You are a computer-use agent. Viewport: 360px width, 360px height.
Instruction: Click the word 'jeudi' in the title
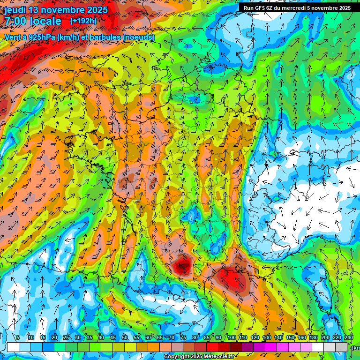pyautogui.click(x=15, y=10)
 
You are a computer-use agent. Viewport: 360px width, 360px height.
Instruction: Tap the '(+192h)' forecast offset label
pyautogui.click(x=83, y=21)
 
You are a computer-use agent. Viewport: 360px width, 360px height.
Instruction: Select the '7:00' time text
pyautogui.click(x=15, y=21)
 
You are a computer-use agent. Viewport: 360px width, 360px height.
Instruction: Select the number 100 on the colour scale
pyautogui.click(x=232, y=337)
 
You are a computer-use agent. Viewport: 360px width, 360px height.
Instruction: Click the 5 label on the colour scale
pyautogui.click(x=18, y=337)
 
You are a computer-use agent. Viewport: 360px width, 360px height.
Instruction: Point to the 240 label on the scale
pyautogui.click(x=349, y=337)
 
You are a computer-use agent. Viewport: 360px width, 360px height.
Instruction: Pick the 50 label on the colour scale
pyautogui.click(x=124, y=337)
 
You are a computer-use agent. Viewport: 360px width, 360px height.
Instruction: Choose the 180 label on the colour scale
pyautogui.click(x=313, y=337)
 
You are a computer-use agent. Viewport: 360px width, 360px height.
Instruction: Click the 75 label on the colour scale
pyautogui.click(x=183, y=337)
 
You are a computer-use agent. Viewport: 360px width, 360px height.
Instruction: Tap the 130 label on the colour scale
pyautogui.click(x=266, y=337)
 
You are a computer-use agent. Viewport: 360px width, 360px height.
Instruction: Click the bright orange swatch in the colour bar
pyautogui.click(x=142, y=347)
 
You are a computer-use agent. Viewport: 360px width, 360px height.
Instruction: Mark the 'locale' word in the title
pyautogui.click(x=45, y=21)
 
